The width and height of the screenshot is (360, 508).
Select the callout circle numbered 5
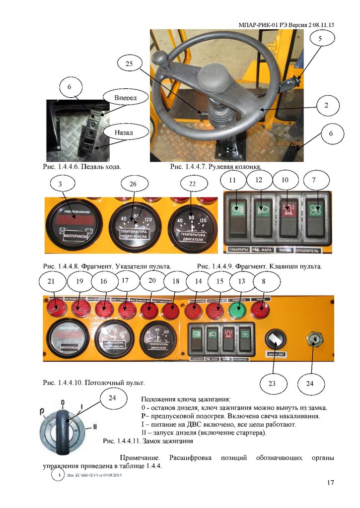pyautogui.click(x=320, y=38)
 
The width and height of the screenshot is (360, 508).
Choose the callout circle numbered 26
pyautogui.click(x=132, y=185)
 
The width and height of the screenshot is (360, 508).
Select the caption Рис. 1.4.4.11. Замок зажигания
pyautogui.click(x=147, y=441)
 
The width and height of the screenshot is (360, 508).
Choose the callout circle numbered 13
pyautogui.click(x=242, y=282)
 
